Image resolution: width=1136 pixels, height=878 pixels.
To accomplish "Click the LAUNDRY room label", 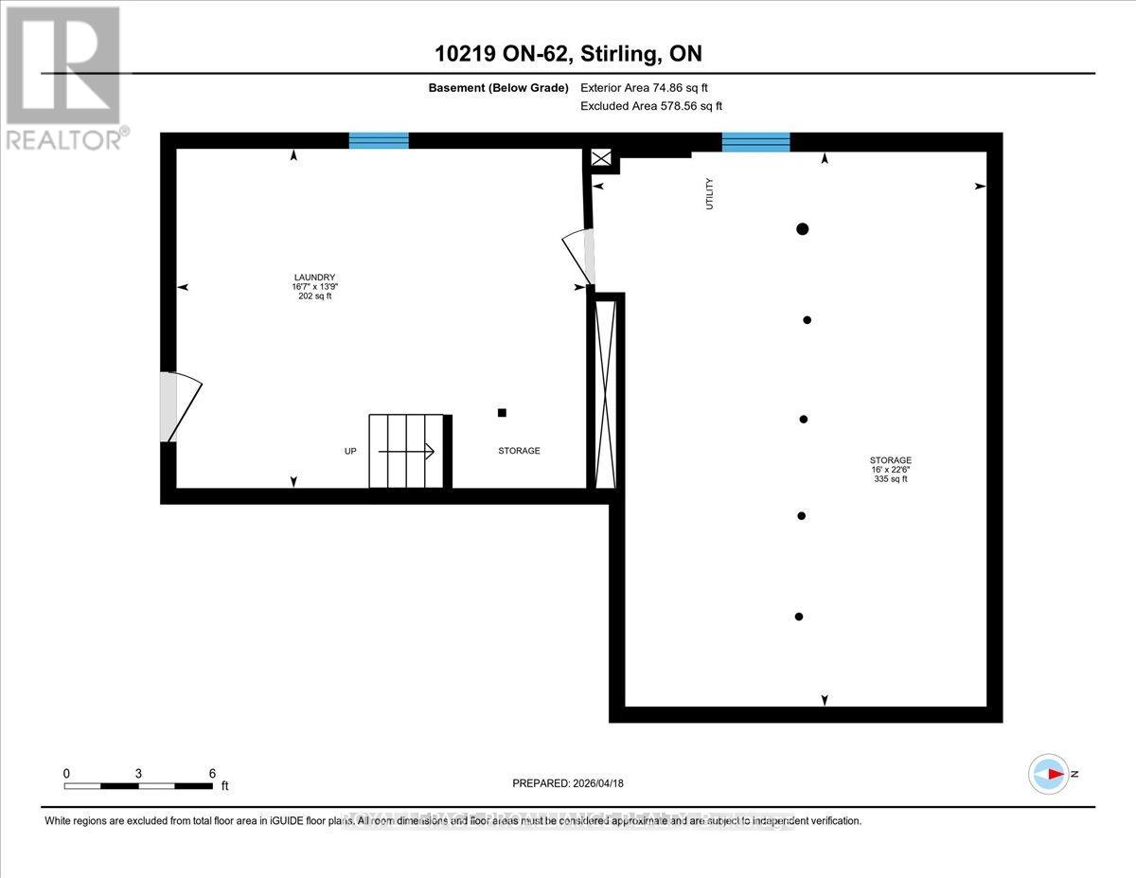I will pos(312,278).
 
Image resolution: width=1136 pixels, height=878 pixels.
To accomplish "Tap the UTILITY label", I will pos(709,193).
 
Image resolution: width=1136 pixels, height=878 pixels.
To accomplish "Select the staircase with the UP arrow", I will pos(406,451).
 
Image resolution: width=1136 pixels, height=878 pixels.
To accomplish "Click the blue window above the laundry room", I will pos(379,141).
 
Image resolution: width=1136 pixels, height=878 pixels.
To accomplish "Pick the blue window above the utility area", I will pos(755,142).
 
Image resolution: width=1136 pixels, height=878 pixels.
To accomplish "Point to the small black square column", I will pos(502,412).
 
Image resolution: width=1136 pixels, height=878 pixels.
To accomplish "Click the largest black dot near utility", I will pos(803,228).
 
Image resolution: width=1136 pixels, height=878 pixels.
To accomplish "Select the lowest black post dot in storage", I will pos(799,617).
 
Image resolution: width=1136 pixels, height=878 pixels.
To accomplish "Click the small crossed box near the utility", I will pos(601,158).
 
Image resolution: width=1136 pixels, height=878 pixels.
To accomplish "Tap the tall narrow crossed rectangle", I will pos(605,391).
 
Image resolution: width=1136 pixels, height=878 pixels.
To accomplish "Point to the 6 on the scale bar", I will pos(212,773).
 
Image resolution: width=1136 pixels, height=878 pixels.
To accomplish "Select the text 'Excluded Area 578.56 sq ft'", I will pos(650,107).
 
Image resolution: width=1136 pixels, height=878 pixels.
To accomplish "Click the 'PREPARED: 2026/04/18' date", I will pos(568,783).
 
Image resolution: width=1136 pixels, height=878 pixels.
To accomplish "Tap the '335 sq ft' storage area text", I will pos(891,479).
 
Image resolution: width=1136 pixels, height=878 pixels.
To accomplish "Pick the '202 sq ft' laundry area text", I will pos(314,296).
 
